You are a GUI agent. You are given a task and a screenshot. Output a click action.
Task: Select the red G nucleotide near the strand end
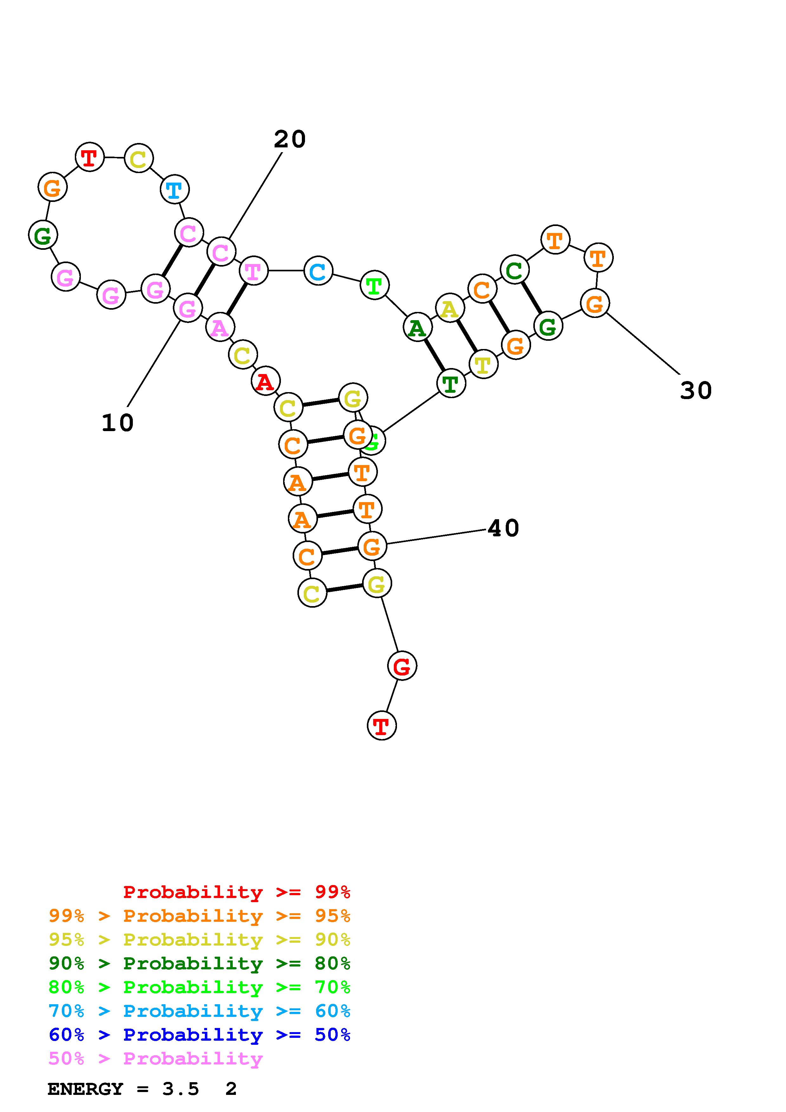402,666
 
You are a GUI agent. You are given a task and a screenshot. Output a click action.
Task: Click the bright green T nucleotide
374,285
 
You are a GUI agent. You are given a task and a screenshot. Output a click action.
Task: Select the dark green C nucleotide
514,270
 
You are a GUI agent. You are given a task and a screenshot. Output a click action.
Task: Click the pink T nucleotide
253,271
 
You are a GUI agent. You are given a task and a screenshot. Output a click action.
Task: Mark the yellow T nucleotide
483,364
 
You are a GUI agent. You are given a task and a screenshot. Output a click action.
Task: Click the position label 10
117,423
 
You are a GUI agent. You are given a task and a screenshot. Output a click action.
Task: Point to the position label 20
289,139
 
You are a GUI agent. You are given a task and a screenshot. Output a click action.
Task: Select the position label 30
696,390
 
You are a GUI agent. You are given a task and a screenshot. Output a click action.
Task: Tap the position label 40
503,528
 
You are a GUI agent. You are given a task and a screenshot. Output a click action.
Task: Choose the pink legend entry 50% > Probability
155,1058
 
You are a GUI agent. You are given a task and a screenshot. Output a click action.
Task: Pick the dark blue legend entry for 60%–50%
199,1035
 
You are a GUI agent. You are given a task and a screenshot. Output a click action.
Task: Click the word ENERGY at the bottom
85,1089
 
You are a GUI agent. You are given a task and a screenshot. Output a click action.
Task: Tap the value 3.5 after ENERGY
180,1089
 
